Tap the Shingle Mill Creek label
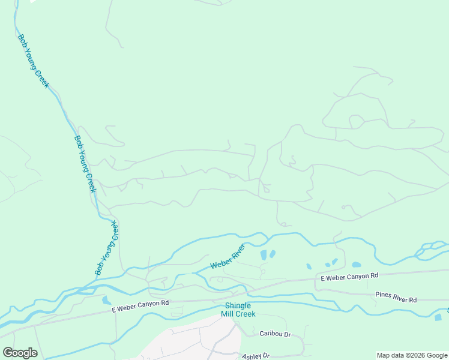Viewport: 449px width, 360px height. tap(237, 310)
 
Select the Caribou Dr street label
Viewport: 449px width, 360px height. tap(275, 334)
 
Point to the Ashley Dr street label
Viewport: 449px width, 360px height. tap(256, 356)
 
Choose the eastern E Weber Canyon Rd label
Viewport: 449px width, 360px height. tap(350, 277)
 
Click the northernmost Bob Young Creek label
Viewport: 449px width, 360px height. tap(33, 60)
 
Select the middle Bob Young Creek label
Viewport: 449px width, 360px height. tap(85, 163)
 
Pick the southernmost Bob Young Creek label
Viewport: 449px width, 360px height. tap(107, 248)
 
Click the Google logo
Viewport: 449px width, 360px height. tap(20, 353)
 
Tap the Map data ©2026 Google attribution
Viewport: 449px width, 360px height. tap(412, 355)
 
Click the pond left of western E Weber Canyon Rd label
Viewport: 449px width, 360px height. tap(106, 300)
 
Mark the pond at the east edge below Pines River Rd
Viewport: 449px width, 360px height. tap(438, 317)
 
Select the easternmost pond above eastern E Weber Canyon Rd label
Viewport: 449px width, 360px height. tap(357, 265)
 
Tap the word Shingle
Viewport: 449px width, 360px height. tap(237, 305)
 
